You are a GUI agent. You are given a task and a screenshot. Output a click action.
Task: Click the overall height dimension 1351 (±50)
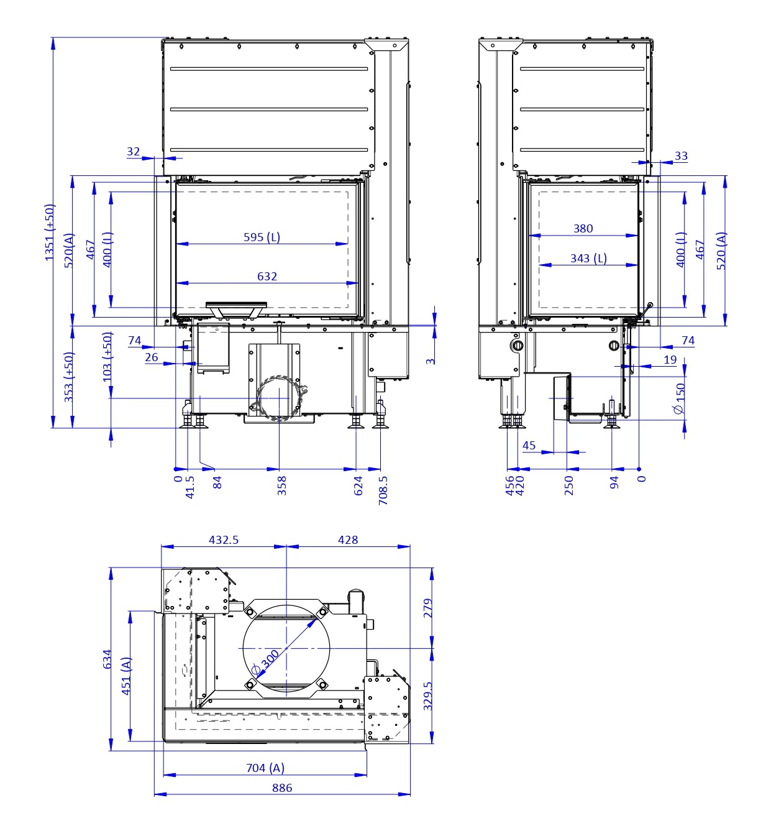point(50,232)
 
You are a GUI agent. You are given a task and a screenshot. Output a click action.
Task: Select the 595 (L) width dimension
point(262,237)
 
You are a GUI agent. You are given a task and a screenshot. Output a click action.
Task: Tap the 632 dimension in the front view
point(267,276)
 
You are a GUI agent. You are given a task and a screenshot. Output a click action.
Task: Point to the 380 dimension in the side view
point(583,229)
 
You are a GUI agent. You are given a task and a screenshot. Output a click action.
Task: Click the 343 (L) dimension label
point(588,258)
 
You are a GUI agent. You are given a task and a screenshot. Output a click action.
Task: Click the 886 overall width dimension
point(282,788)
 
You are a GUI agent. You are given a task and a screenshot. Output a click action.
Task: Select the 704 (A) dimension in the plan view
point(265,768)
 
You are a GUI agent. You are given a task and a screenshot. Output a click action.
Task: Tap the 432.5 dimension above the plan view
point(224,540)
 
